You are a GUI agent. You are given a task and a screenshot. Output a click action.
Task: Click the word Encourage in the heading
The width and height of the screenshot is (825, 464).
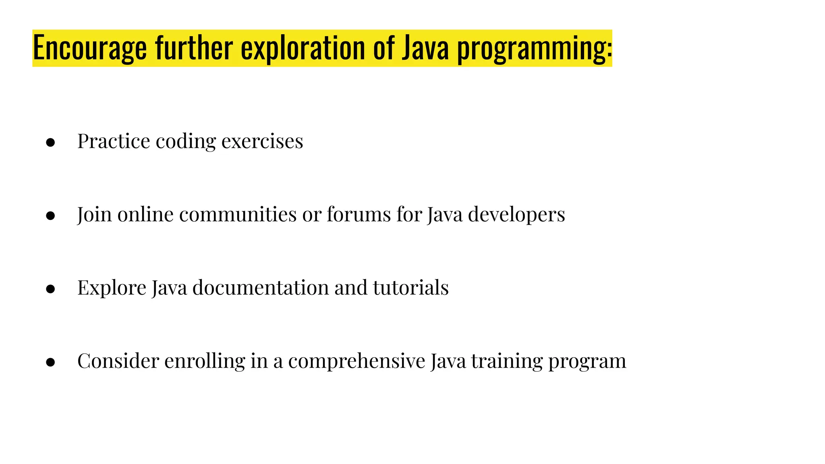89,48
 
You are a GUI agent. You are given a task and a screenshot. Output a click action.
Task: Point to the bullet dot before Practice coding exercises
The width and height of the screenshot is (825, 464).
50,143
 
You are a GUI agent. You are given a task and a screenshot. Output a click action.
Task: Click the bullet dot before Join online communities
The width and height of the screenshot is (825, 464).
50,216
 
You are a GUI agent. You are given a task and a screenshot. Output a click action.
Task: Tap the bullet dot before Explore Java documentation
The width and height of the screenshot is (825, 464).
50,289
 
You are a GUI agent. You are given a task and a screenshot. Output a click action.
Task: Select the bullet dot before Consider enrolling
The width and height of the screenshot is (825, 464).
50,362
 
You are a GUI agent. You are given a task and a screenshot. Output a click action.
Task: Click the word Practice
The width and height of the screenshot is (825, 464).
114,141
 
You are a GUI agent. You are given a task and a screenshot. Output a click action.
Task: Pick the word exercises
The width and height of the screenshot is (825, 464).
262,141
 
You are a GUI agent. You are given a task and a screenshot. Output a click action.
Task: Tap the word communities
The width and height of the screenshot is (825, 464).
238,214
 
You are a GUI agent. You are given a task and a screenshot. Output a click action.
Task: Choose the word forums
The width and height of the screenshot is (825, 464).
359,214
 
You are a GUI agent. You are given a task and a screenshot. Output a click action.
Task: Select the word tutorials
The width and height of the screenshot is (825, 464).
411,288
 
